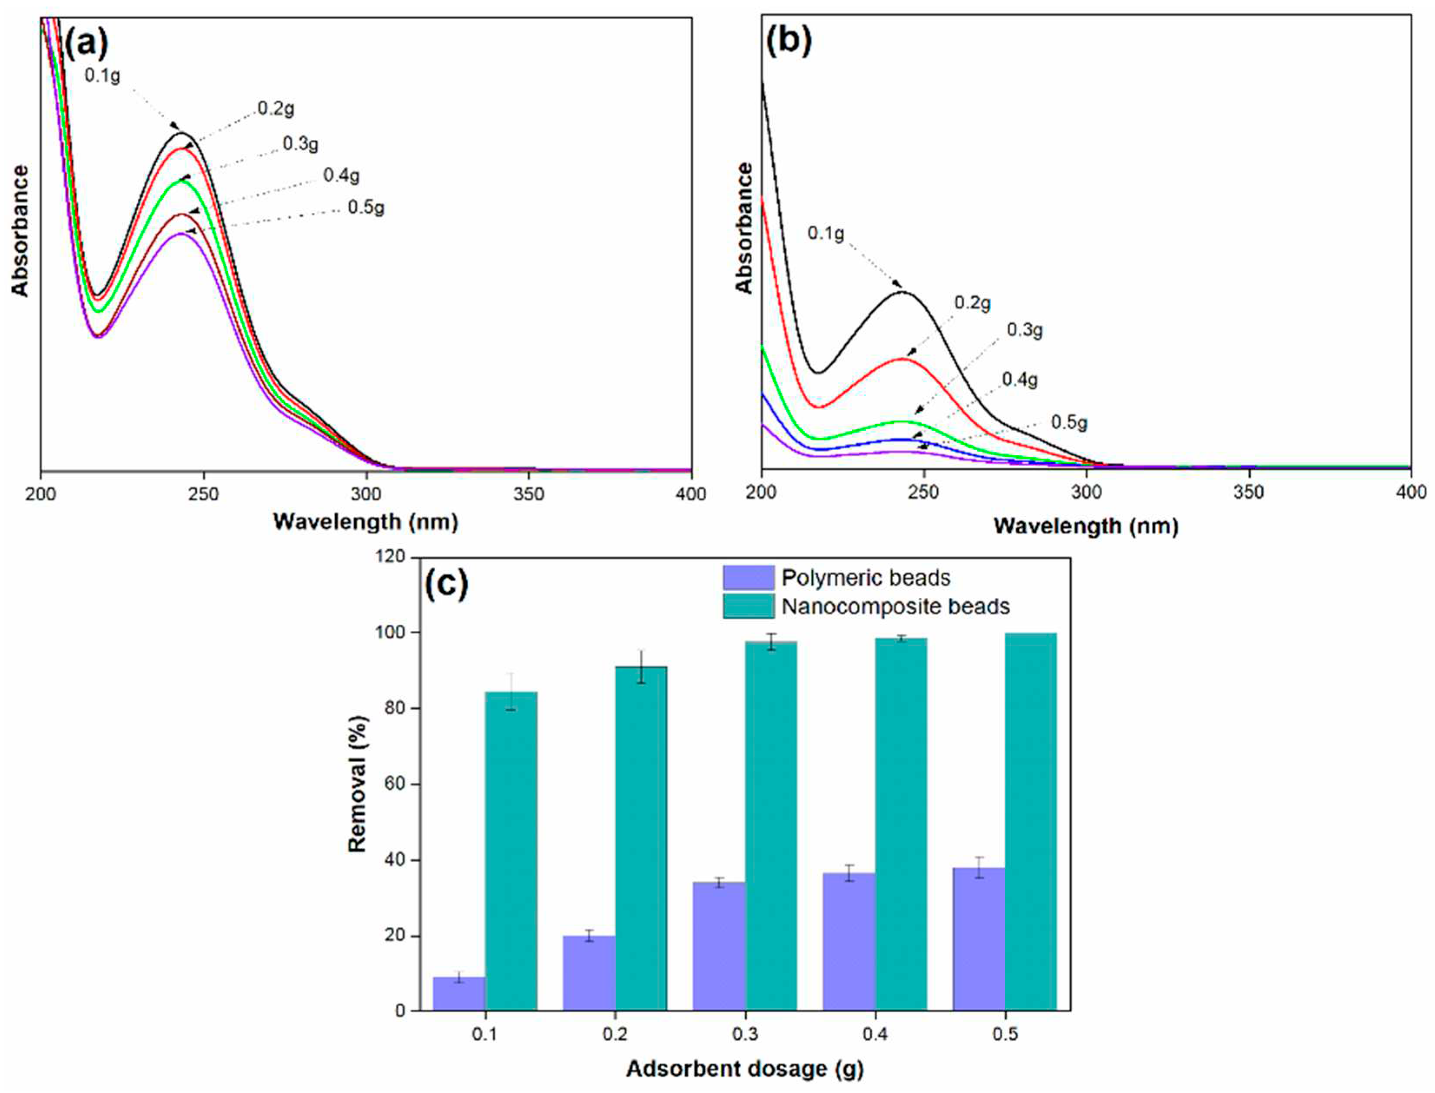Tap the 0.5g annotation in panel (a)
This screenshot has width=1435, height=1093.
click(366, 207)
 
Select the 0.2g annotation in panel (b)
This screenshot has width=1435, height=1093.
click(972, 303)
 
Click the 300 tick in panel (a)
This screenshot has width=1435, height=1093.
click(366, 494)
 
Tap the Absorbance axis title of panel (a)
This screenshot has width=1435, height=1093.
click(21, 230)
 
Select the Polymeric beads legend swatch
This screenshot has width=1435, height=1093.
click(748, 577)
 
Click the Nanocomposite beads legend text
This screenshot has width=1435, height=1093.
click(896, 606)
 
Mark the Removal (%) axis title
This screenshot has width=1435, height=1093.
click(357, 784)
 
